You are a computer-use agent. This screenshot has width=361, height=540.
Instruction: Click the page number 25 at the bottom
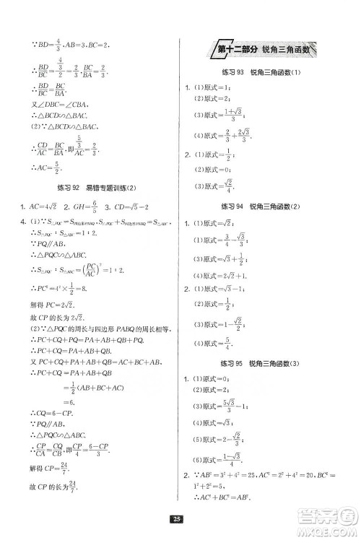click(180, 518)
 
